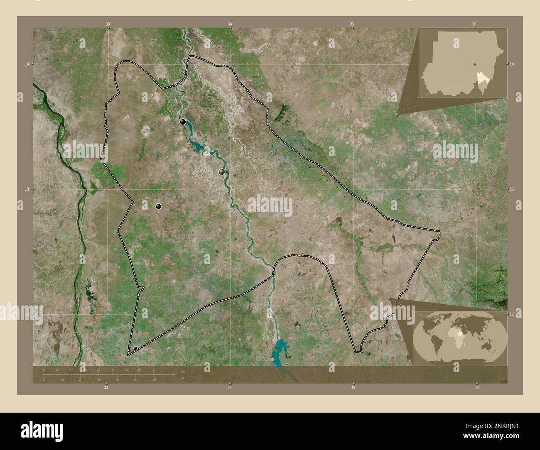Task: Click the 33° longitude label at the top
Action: (108, 24)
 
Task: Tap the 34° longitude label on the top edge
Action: (230, 24)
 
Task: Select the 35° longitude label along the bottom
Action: (353, 387)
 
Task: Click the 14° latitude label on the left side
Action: (27, 64)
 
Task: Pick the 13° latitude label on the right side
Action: (513, 189)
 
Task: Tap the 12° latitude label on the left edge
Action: (27, 315)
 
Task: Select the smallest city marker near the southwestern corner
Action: (135, 348)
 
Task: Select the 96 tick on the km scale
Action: (153, 369)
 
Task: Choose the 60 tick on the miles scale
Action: (154, 379)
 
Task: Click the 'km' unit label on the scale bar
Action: (182, 371)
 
